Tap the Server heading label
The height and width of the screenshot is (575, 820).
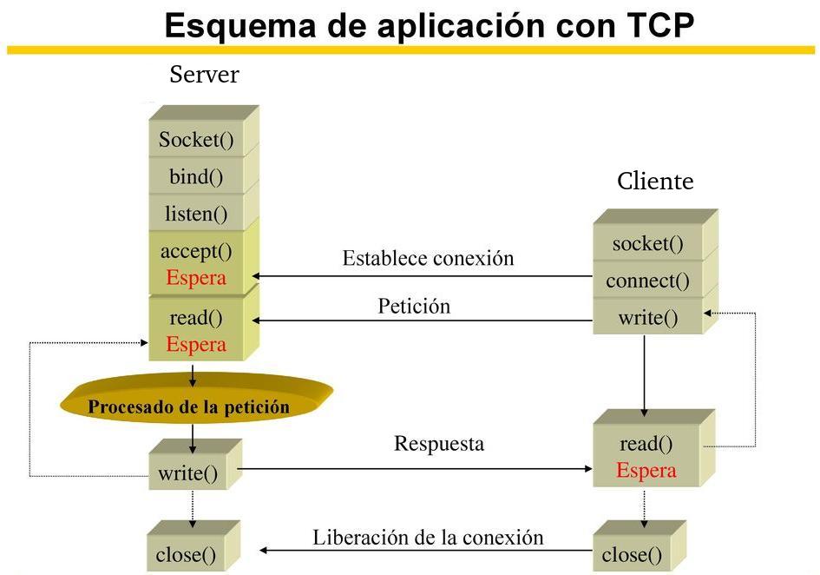tap(204, 75)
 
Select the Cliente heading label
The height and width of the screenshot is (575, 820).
tap(655, 181)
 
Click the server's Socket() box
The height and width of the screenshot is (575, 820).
tap(196, 140)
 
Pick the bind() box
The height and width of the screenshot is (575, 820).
tap(196, 177)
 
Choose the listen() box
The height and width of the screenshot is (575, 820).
tap(196, 213)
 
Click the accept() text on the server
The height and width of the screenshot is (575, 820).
tap(196, 251)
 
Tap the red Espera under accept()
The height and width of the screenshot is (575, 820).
tap(196, 278)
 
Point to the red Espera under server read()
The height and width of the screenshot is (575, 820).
tap(196, 345)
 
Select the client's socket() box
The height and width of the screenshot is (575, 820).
tap(647, 243)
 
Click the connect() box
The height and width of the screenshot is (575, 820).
tap(647, 281)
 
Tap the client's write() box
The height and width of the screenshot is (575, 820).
tap(647, 317)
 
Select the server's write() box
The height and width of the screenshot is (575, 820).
tap(187, 473)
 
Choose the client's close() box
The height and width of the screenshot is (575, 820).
tap(632, 554)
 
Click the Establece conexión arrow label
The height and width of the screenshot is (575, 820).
tap(428, 258)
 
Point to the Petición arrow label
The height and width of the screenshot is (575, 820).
tap(414, 306)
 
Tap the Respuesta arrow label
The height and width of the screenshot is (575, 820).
tap(439, 444)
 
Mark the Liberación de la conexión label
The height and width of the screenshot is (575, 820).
tap(428, 537)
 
